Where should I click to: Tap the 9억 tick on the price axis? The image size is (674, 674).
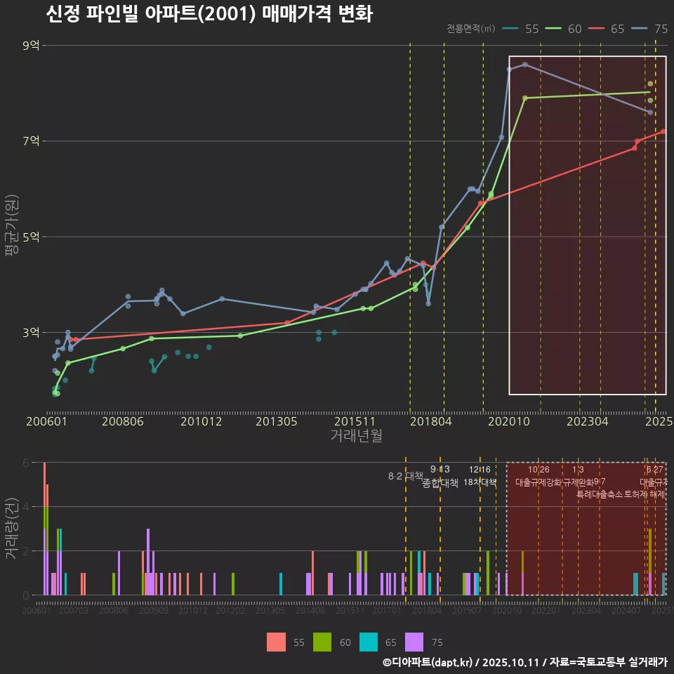point(31,46)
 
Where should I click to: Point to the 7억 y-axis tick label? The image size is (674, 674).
point(31,141)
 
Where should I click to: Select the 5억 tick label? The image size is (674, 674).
point(31,237)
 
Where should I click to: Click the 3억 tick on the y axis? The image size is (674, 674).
point(31,332)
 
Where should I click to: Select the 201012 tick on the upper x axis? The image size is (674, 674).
point(201,422)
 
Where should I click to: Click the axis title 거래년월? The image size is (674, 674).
point(356,436)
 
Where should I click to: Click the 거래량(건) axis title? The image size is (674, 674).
point(11,529)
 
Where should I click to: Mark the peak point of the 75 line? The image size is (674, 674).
point(525,65)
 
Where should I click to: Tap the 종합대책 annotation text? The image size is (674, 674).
point(440,483)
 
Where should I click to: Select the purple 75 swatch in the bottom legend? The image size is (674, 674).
point(415,642)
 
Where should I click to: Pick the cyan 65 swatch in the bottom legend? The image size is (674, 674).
point(369,642)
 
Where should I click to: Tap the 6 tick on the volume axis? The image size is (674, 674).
point(25,463)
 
